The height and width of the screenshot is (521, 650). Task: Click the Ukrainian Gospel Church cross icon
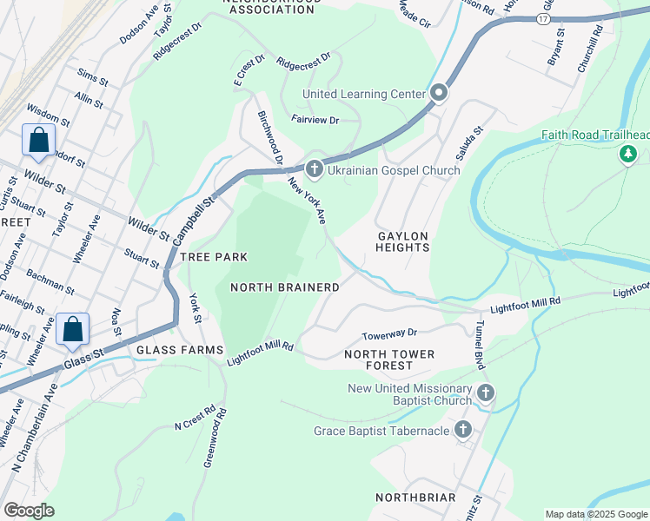coord(315,170)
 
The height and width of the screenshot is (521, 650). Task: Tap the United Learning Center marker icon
coord(439,93)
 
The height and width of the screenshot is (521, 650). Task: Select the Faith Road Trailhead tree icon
coord(627,154)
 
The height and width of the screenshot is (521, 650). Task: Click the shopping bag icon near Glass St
coord(72,329)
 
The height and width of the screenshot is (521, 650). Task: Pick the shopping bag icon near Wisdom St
coord(39,140)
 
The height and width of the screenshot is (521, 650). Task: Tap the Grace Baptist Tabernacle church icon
coord(463,430)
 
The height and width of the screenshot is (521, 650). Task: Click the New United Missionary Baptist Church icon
coord(485,394)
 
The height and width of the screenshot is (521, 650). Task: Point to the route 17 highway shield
coord(542,19)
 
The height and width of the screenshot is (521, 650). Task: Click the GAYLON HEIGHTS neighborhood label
coord(402,241)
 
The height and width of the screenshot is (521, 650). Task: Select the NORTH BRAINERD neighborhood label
coord(284,287)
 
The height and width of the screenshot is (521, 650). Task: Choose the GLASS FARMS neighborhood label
coord(169,350)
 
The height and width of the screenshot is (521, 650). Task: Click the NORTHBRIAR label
coord(415,498)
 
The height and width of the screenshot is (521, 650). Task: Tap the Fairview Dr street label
coord(315,119)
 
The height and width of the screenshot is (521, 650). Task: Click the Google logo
coord(30,511)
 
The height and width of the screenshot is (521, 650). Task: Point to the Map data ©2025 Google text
coord(595,514)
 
